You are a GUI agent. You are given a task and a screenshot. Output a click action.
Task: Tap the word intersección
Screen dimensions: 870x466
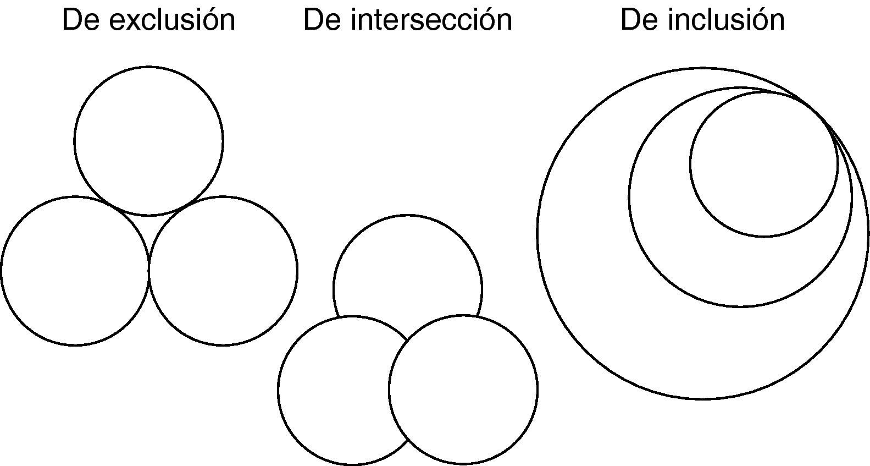(431, 20)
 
